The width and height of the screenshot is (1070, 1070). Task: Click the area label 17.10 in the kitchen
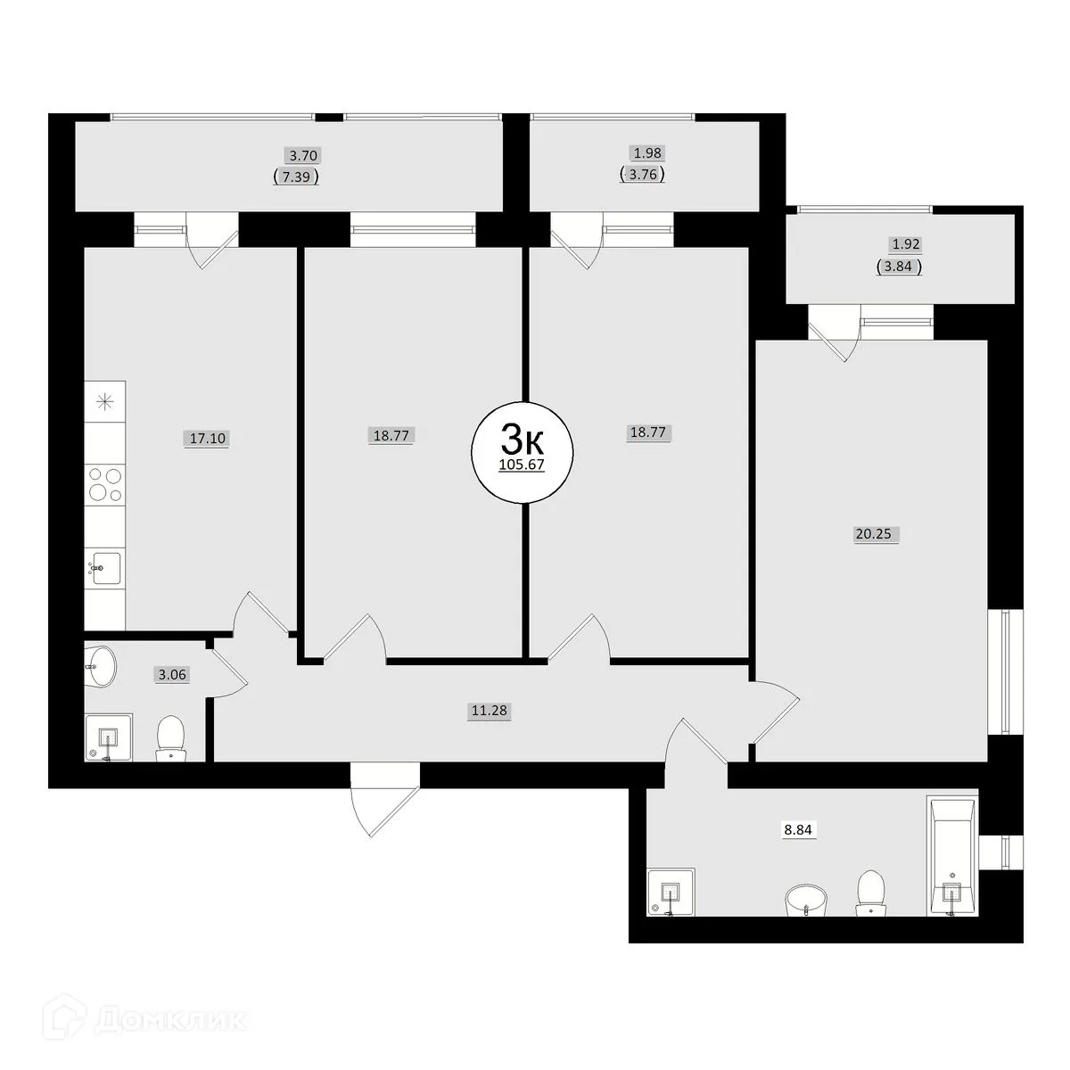click(207, 439)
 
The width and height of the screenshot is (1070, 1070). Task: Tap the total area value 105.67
click(522, 465)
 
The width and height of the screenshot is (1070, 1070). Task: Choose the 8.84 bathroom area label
click(800, 829)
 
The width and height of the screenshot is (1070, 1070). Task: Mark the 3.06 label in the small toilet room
click(172, 675)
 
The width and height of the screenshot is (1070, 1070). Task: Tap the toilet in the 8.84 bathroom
click(868, 893)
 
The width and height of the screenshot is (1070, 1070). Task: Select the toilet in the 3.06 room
click(170, 738)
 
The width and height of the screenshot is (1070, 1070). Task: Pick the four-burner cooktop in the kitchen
click(104, 483)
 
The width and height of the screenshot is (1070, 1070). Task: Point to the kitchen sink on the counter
click(105, 567)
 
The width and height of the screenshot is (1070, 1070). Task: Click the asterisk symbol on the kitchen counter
click(105, 402)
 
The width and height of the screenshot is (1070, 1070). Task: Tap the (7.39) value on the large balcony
click(297, 177)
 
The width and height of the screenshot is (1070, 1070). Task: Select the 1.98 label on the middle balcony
click(646, 153)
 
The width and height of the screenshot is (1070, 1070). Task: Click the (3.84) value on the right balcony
click(898, 266)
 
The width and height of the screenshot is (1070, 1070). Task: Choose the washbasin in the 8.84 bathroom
click(808, 899)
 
